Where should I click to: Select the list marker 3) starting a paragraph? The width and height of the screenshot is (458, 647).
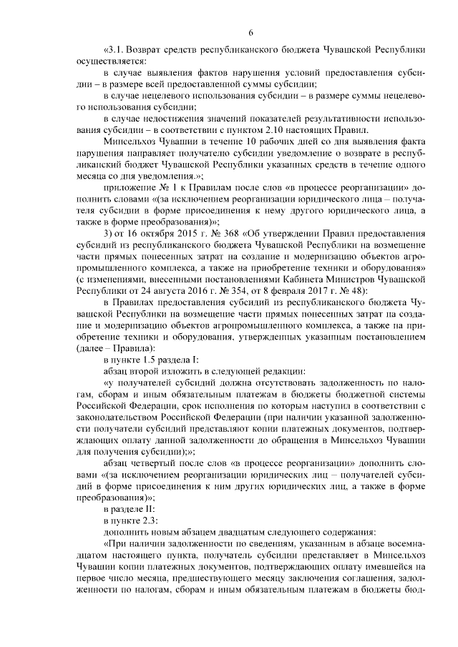[x=108, y=233]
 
